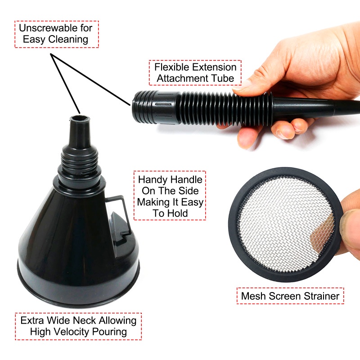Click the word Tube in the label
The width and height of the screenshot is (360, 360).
pyautogui.click(x=223, y=78)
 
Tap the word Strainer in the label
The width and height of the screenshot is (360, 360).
pyautogui.click(x=321, y=296)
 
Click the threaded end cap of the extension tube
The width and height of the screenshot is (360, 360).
pyautogui.click(x=145, y=108)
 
